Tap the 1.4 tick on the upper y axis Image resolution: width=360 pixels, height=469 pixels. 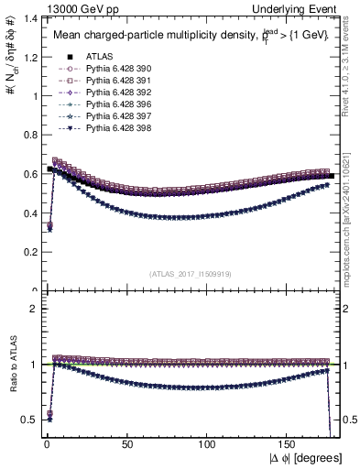pyautogui.click(x=27, y=17)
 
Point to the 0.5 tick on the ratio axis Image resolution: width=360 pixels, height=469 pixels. pyautogui.click(x=27, y=420)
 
